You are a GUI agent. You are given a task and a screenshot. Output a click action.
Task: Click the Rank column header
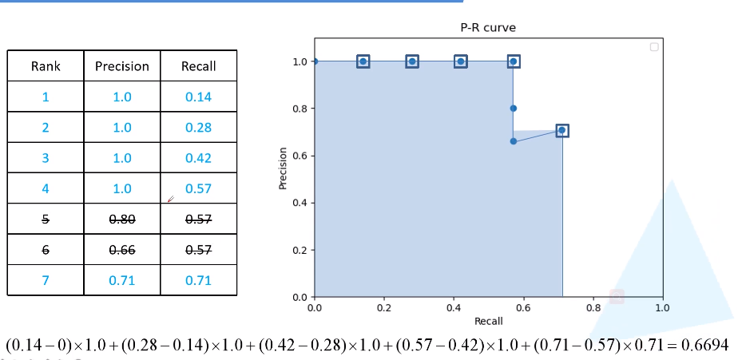[x=46, y=66]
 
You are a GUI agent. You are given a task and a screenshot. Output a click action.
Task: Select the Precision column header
[x=121, y=66]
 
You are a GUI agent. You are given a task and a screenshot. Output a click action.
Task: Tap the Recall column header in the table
[x=198, y=66]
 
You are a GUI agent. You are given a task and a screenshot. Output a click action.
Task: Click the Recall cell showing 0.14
[x=198, y=97]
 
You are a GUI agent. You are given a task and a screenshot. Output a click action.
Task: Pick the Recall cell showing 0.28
[x=198, y=128]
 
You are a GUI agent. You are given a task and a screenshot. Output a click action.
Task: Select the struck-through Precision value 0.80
[x=121, y=220]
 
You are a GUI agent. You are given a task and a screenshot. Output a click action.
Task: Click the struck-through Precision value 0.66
[x=121, y=250]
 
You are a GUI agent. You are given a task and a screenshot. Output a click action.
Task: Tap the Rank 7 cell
[x=46, y=280]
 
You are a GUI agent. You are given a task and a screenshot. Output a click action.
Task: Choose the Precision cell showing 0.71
[x=121, y=280]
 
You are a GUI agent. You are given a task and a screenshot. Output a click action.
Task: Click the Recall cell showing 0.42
[x=198, y=158]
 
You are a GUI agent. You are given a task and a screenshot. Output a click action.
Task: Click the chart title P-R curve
[x=488, y=28]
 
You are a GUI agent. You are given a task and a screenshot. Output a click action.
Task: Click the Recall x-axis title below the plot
[x=488, y=320]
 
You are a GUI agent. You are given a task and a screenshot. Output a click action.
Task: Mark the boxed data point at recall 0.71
[x=561, y=130]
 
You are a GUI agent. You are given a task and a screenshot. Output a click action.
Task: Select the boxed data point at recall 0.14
[x=363, y=61]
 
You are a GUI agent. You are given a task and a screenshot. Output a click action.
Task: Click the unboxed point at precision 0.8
[x=514, y=109]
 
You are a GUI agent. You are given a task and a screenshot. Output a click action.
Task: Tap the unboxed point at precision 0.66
[x=514, y=141]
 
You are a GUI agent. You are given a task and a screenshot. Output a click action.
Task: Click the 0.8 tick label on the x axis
[x=593, y=307]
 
